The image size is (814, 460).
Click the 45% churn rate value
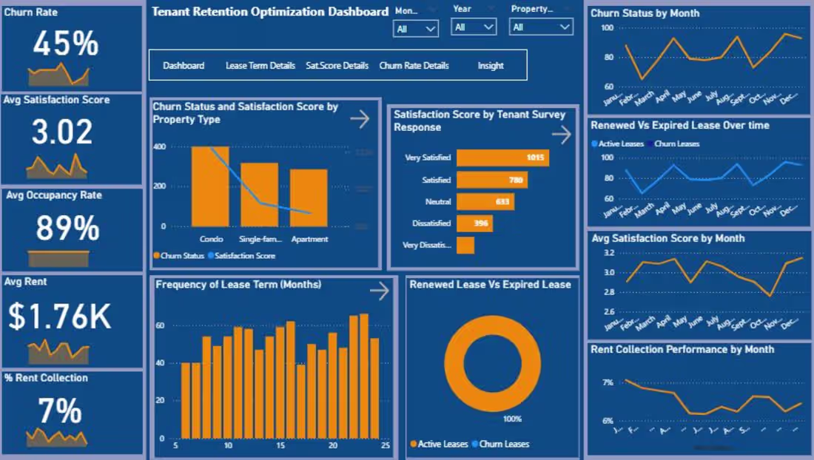coord(66,44)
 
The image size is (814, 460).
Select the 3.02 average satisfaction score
coord(62,132)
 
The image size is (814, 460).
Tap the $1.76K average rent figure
coord(60,317)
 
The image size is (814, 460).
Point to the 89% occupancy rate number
coord(67,228)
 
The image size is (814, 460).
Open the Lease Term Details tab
coord(260,65)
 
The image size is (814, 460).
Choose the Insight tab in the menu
coord(491,65)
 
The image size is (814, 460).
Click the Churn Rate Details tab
coord(414,65)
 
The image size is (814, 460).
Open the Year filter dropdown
coord(474,27)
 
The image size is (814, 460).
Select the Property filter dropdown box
coord(540,27)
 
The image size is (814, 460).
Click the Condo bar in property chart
coord(211,186)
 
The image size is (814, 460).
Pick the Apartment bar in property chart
coord(309,197)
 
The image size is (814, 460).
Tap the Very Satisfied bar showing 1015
coord(502,158)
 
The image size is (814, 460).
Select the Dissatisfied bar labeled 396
coord(474,223)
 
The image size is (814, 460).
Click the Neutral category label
coord(437,201)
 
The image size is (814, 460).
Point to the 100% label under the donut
coord(512,419)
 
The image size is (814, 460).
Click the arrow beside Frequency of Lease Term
coord(379,291)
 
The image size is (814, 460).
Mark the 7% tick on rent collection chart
coord(607,382)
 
